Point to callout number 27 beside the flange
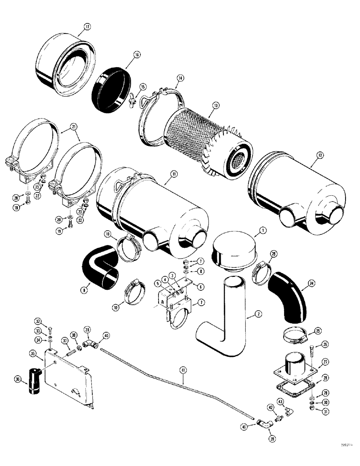coord(325,361)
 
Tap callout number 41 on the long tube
coord(183,370)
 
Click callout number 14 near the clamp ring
coord(179,80)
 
